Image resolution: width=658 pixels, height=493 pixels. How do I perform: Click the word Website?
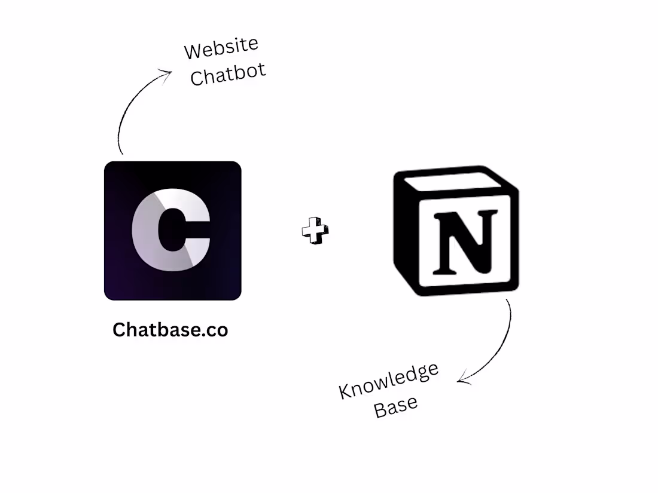point(221,47)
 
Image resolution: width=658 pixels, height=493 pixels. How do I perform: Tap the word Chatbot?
point(228,74)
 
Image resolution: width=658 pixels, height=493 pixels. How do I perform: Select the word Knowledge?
point(389,380)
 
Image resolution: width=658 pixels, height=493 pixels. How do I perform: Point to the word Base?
point(396,406)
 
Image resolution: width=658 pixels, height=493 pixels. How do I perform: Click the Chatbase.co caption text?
point(170,329)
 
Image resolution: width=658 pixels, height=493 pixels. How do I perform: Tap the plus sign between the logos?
point(315,230)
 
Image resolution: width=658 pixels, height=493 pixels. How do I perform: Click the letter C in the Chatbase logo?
point(171,229)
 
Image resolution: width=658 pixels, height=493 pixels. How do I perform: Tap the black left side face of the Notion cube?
point(404,235)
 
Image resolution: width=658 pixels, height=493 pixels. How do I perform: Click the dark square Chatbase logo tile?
point(172,231)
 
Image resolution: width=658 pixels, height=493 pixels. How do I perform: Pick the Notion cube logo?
point(456,231)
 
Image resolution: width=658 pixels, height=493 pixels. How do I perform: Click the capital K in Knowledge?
point(345,391)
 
